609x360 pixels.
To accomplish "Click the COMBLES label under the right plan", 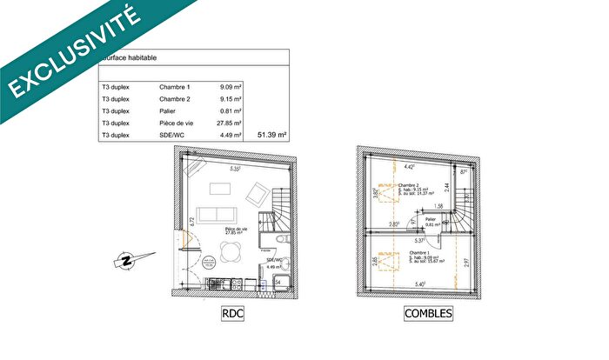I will [x=428, y=313].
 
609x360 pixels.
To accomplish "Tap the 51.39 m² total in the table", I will [x=272, y=135].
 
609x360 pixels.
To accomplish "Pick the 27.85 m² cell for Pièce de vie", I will [x=229, y=123].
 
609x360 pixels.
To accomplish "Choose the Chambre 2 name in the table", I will [x=174, y=99].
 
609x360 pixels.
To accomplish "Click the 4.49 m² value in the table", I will [x=231, y=135].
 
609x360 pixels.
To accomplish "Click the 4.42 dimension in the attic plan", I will [x=410, y=166].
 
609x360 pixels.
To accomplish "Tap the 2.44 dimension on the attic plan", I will [x=446, y=186].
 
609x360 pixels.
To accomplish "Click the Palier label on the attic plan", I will [x=430, y=219].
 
